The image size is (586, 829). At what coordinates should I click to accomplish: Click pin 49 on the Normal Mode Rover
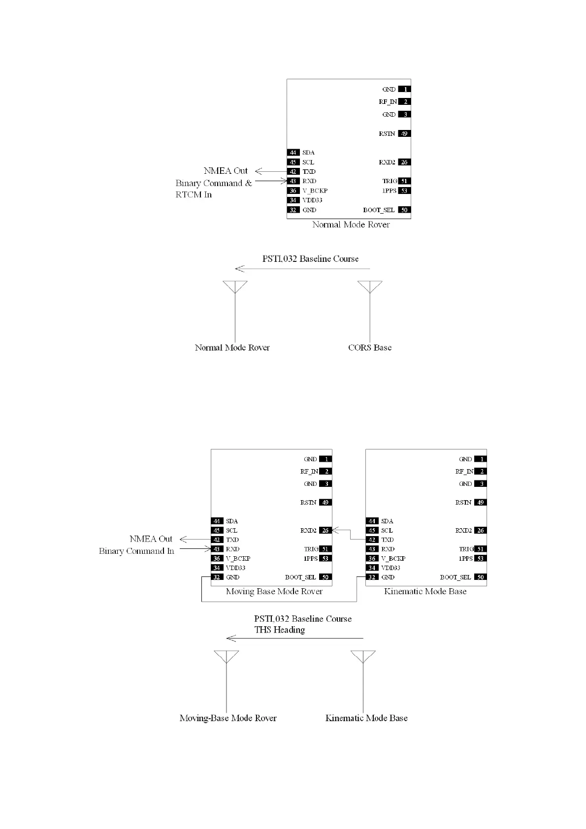[x=404, y=133]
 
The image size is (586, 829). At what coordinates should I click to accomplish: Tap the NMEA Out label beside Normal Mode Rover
[x=226, y=171]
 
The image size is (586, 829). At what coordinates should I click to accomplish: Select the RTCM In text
[x=194, y=194]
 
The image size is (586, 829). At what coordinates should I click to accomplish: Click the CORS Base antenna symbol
[x=370, y=287]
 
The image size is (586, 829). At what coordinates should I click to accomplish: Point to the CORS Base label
[x=370, y=348]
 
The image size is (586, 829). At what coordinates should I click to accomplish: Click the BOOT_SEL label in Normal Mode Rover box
[x=379, y=210]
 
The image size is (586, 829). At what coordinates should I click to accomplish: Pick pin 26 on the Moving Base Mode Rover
[x=325, y=531]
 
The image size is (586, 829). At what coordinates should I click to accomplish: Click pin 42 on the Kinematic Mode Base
[x=372, y=540]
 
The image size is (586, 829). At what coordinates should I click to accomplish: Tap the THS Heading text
[x=279, y=630]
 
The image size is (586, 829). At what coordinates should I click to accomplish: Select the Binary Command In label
[x=136, y=551]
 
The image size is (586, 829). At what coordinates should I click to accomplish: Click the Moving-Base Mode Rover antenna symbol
[x=227, y=657]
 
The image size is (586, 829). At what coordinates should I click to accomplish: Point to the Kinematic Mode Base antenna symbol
[x=363, y=657]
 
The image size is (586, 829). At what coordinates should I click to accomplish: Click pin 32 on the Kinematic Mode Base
[x=372, y=577]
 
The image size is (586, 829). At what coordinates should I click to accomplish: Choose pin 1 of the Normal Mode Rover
[x=404, y=89]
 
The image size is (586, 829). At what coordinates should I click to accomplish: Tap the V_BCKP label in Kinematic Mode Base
[x=393, y=559]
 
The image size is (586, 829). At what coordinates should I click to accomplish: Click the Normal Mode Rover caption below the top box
[x=351, y=224]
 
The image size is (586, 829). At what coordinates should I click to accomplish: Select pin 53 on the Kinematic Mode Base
[x=480, y=559]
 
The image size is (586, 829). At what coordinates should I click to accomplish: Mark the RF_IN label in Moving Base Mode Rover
[x=309, y=472]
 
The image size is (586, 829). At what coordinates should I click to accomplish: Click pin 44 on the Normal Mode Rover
[x=293, y=153]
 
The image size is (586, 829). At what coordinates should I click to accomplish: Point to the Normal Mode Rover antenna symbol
[x=235, y=287]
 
